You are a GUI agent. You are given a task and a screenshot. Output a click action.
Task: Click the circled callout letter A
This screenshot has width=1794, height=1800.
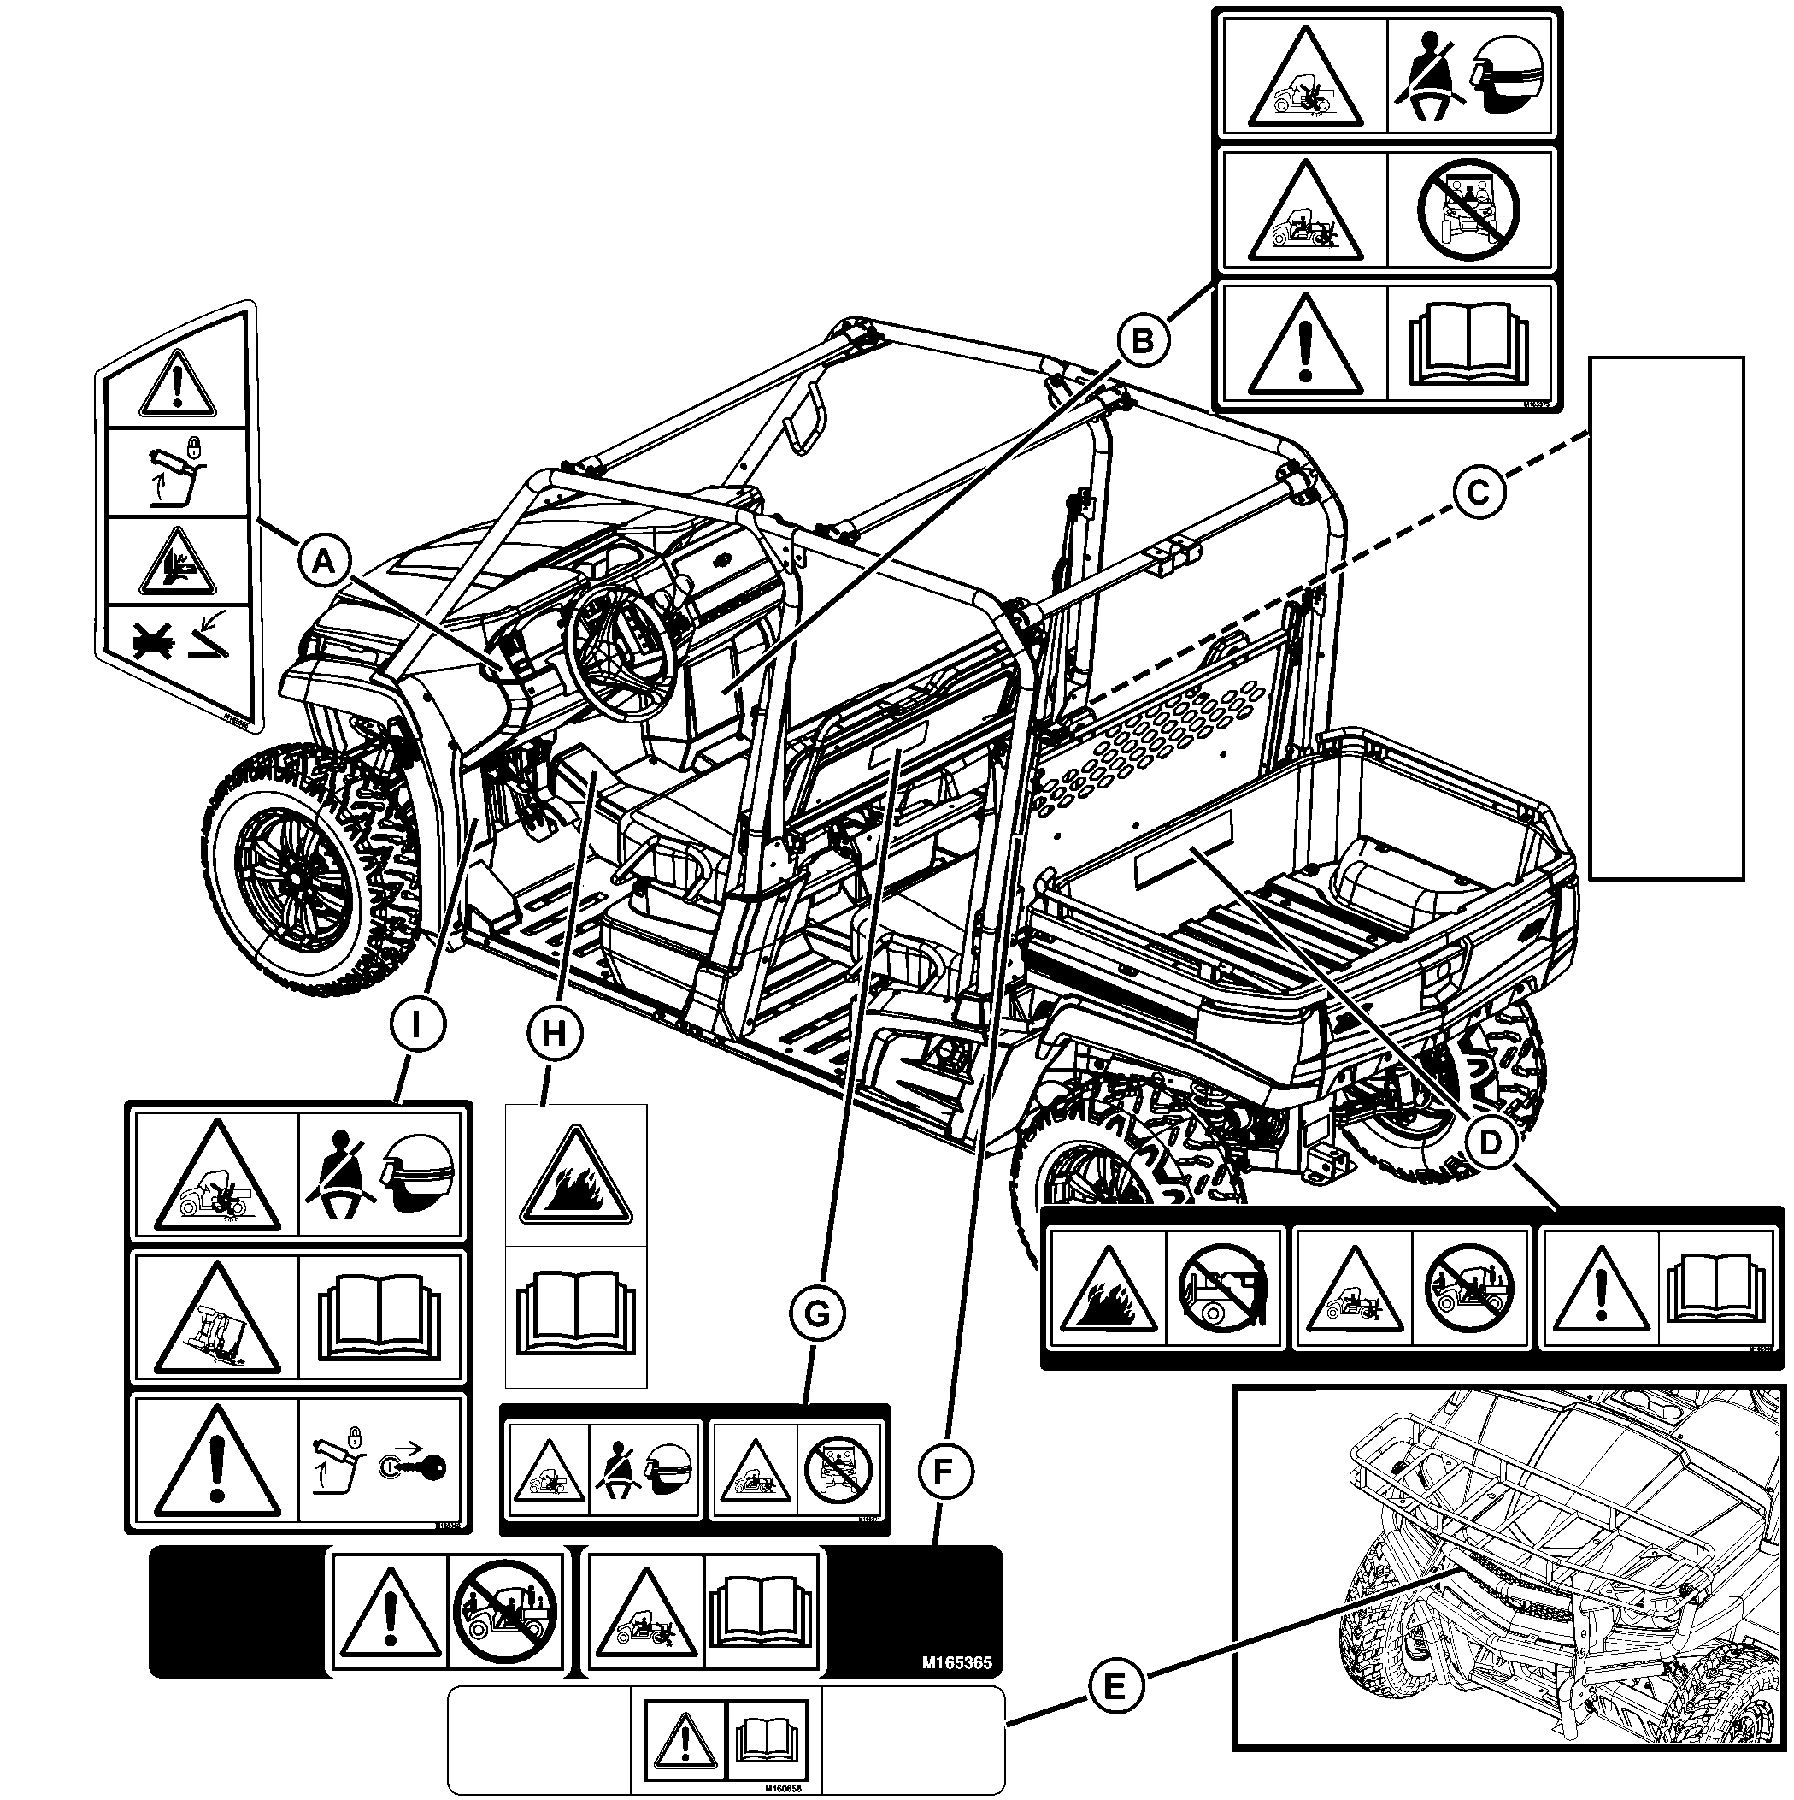click(x=323, y=562)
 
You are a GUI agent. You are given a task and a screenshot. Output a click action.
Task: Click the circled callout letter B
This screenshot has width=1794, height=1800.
click(x=1142, y=342)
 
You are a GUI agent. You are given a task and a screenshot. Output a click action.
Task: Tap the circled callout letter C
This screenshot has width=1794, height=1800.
click(x=1479, y=492)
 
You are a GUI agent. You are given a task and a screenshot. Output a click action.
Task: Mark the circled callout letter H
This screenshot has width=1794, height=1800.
click(x=554, y=1033)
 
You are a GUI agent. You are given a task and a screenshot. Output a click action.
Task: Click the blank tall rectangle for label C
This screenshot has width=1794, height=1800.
click(x=1666, y=617)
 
